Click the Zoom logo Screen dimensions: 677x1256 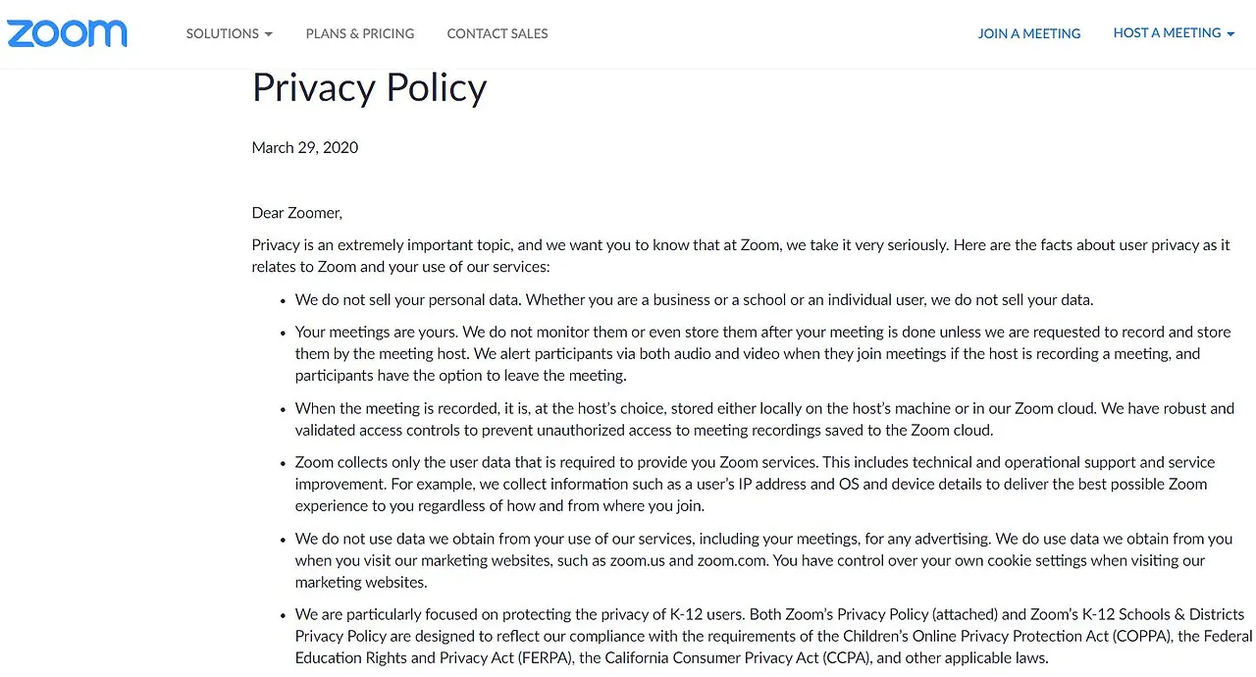click(x=67, y=33)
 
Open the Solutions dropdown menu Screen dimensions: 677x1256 click(x=229, y=33)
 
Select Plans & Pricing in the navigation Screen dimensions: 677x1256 click(x=360, y=33)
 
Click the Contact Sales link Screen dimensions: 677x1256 click(x=497, y=33)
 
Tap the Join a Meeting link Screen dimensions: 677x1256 click(x=1029, y=33)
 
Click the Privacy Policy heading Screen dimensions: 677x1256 click(x=369, y=88)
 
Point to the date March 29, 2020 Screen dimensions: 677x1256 click(x=305, y=148)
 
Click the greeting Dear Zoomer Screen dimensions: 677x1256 click(x=296, y=213)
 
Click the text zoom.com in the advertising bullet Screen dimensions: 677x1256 click(x=730, y=561)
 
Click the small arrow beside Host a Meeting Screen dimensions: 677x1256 click(x=1230, y=33)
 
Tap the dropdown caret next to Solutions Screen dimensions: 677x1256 click(x=268, y=34)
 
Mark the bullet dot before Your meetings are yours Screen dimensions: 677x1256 click(x=283, y=334)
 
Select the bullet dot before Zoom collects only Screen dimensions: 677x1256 click(x=283, y=463)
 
